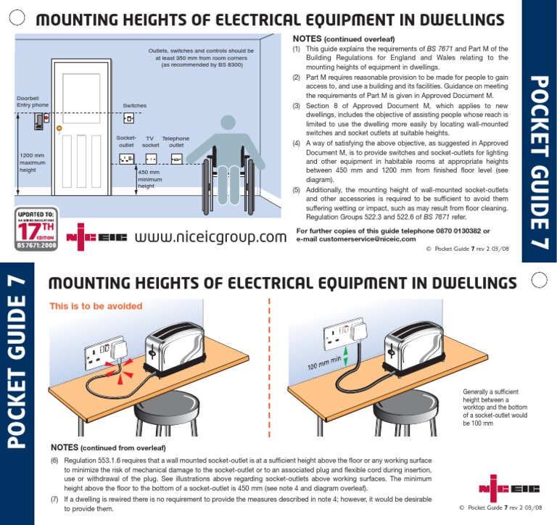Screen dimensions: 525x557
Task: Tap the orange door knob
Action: tap(59, 129)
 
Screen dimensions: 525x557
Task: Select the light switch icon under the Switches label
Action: tap(129, 118)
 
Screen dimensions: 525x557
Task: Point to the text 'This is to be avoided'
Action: tap(96, 306)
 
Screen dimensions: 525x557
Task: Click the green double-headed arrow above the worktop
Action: tap(345, 355)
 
